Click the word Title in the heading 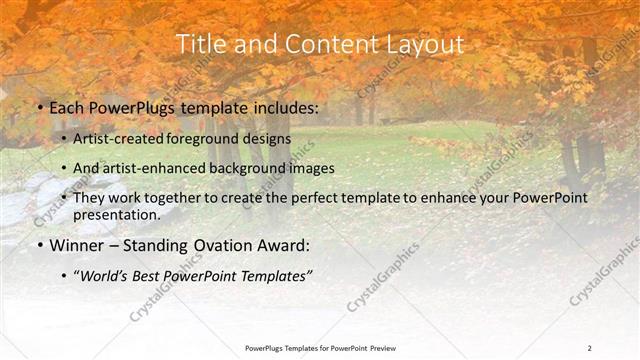pyautogui.click(x=200, y=45)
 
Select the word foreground pyautogui.click(x=210, y=138)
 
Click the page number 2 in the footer pyautogui.click(x=590, y=348)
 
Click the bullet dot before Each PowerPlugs pyautogui.click(x=39, y=107)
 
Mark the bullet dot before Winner pyautogui.click(x=39, y=245)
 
